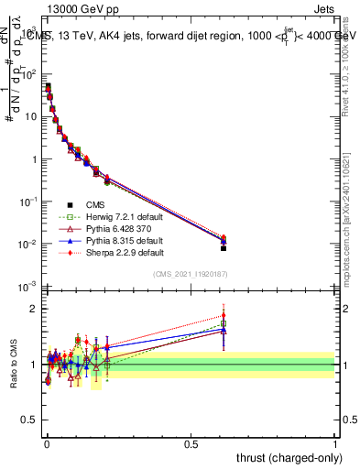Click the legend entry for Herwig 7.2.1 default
click(x=113, y=216)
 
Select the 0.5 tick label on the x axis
click(x=191, y=444)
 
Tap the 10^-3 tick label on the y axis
click(x=28, y=288)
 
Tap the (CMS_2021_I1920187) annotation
click(x=190, y=273)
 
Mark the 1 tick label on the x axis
click(x=334, y=444)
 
